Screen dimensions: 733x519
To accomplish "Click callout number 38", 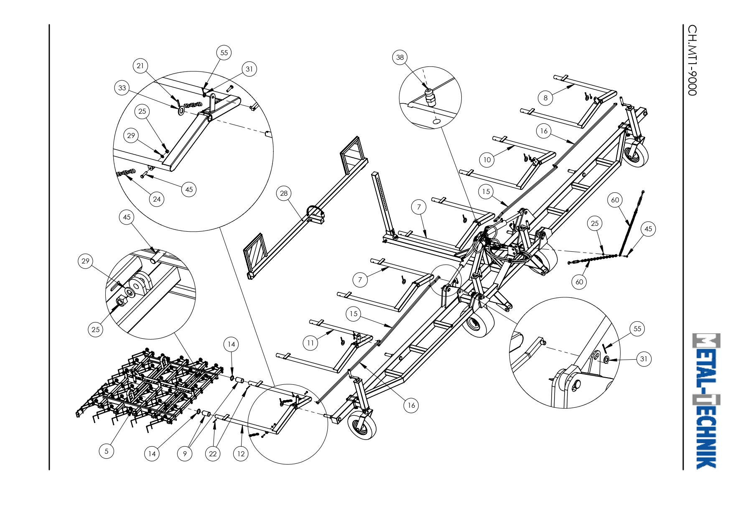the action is pos(400,57).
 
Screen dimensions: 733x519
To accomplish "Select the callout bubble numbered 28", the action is pos(284,193).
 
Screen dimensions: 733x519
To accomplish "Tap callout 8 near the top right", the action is pos(545,98).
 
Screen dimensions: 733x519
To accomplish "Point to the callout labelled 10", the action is pos(487,160).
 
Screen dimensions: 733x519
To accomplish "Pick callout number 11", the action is pos(310,343).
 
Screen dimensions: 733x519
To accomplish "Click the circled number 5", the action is pos(107,451).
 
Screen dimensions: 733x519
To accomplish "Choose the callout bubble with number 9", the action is pos(185,454).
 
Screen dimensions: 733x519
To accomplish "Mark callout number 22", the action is pos(213,454).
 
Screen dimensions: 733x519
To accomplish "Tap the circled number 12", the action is pos(241,454).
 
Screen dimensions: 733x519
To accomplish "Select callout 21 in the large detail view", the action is pos(140,66).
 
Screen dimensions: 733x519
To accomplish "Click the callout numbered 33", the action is pos(122,88).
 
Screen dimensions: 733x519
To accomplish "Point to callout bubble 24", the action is pos(157,199).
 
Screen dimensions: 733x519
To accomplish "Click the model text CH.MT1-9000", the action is pos(692,60).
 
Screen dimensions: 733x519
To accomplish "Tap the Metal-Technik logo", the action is pos(706,401).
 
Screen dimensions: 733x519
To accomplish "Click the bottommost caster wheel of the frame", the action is pos(362,424).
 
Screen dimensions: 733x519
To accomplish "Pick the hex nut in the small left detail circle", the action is pos(121,301).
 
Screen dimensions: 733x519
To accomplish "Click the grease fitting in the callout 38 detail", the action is pos(430,97).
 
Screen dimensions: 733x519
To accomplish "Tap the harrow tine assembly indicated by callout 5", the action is pos(149,387).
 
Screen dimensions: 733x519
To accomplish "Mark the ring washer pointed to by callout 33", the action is pos(181,110).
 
